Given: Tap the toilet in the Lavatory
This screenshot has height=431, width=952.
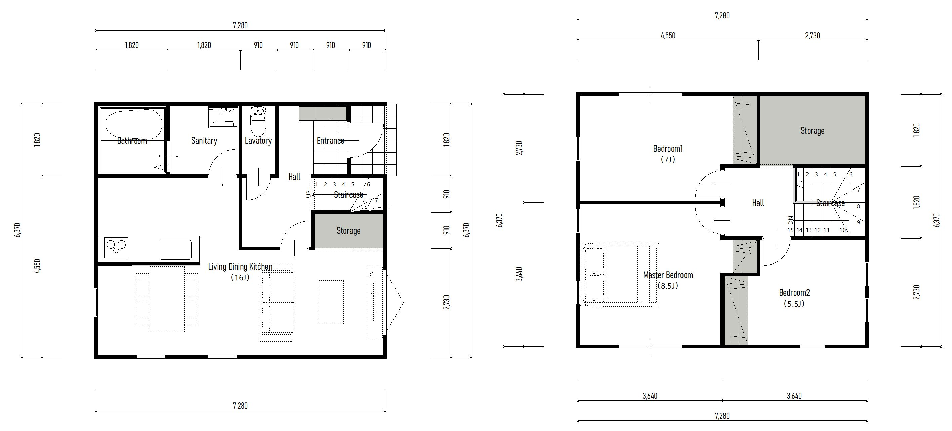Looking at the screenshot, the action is click(258, 121).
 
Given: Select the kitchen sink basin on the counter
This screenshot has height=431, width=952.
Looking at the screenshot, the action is click(175, 250).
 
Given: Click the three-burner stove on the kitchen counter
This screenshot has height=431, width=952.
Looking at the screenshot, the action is click(116, 247).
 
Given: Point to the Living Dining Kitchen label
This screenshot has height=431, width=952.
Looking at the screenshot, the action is click(240, 266).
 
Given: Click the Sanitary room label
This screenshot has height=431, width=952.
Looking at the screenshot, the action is click(204, 140).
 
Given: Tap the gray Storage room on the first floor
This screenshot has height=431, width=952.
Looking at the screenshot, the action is click(348, 230).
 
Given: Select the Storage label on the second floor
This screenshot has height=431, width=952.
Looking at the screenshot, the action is click(812, 130).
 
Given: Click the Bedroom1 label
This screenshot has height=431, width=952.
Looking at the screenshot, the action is click(668, 148).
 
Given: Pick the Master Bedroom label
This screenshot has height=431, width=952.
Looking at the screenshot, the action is click(668, 275).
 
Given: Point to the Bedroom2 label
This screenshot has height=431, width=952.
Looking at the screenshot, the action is click(794, 292).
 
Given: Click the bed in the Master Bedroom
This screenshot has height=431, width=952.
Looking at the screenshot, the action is click(619, 275).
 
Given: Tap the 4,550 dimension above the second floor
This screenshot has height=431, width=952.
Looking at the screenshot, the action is click(668, 36).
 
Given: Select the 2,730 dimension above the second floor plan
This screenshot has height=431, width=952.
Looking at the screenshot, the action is click(812, 36).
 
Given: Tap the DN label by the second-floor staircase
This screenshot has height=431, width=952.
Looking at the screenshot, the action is click(790, 220).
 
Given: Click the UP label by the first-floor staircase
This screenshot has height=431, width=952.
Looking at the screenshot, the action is click(309, 194).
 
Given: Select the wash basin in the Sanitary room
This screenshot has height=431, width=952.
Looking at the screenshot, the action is click(223, 117).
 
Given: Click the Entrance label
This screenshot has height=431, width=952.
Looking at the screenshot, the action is click(330, 140).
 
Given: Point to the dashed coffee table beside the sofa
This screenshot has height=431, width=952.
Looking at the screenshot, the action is click(330, 302).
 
